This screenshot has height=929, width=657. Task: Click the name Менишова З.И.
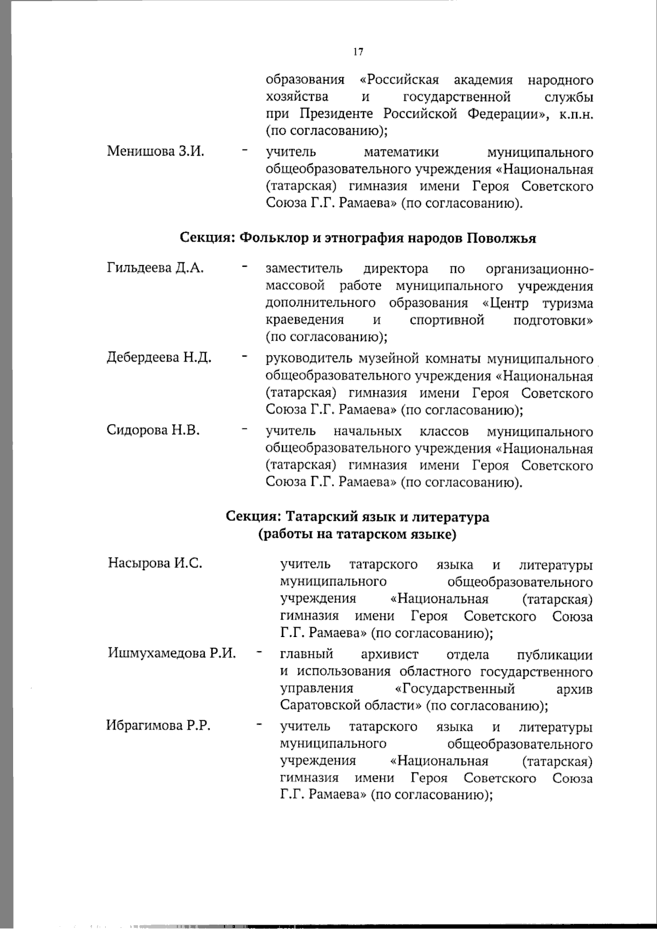pyautogui.click(x=155, y=151)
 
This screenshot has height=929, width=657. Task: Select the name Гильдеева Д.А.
pyautogui.click(x=155, y=268)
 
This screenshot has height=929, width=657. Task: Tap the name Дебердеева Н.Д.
pyautogui.click(x=159, y=358)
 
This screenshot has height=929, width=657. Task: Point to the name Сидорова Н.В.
pyautogui.click(x=153, y=430)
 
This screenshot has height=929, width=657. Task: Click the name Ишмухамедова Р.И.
pyautogui.click(x=172, y=653)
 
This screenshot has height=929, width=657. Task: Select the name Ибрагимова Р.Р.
pyautogui.click(x=158, y=726)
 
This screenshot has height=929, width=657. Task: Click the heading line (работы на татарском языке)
pyautogui.click(x=357, y=534)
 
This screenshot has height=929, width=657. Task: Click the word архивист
pyautogui.click(x=390, y=654)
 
